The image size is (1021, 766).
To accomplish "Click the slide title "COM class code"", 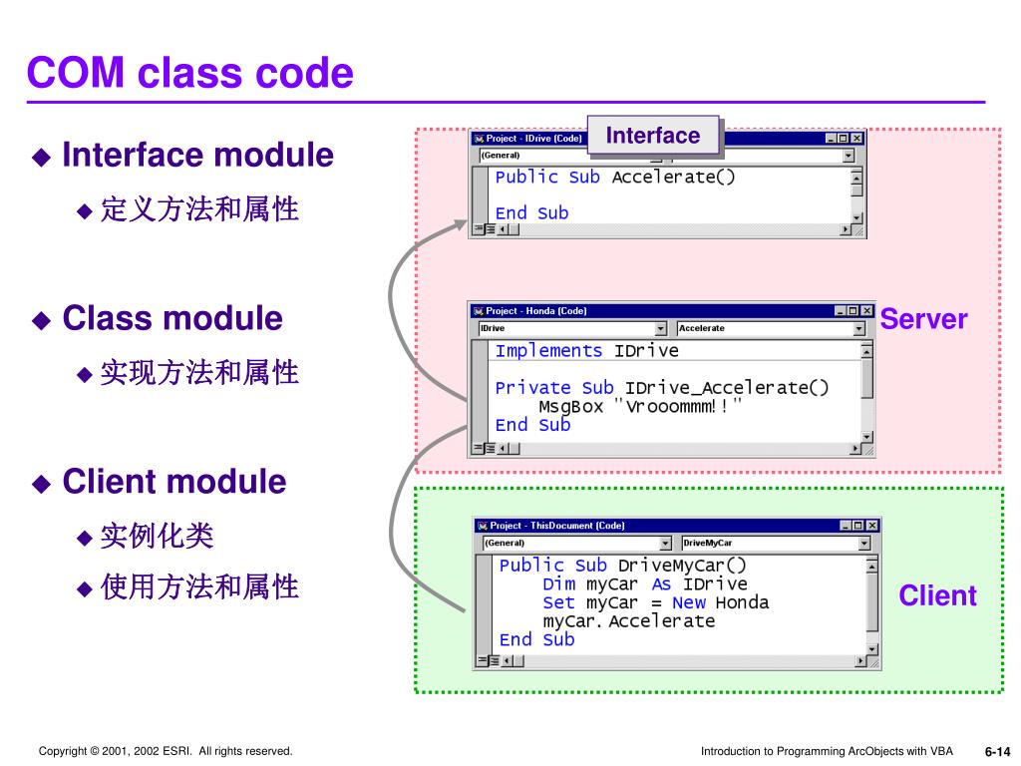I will (x=189, y=73).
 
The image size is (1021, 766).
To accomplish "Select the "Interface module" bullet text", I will (x=197, y=156).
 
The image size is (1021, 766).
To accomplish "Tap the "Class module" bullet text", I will (x=172, y=319).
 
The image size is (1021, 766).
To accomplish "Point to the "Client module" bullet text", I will (x=173, y=482).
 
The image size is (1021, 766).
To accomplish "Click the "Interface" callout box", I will (x=653, y=136).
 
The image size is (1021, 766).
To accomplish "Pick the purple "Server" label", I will (x=923, y=319).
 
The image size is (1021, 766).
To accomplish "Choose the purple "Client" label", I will (x=937, y=596).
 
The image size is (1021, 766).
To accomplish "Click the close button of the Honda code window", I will (x=866, y=311).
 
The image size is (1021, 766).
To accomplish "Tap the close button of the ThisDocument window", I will (x=872, y=526).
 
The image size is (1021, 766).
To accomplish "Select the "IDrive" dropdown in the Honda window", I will (x=571, y=328).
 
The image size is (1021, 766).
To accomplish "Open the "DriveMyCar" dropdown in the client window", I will (x=775, y=544).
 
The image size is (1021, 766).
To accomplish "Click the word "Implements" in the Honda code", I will (x=548, y=351).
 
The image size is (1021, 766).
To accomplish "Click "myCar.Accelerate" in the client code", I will (x=628, y=621).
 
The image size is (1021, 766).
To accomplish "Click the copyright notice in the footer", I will (x=166, y=751).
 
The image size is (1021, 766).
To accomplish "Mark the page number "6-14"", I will (x=997, y=752).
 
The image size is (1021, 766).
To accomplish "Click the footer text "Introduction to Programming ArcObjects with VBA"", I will (x=827, y=751).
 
